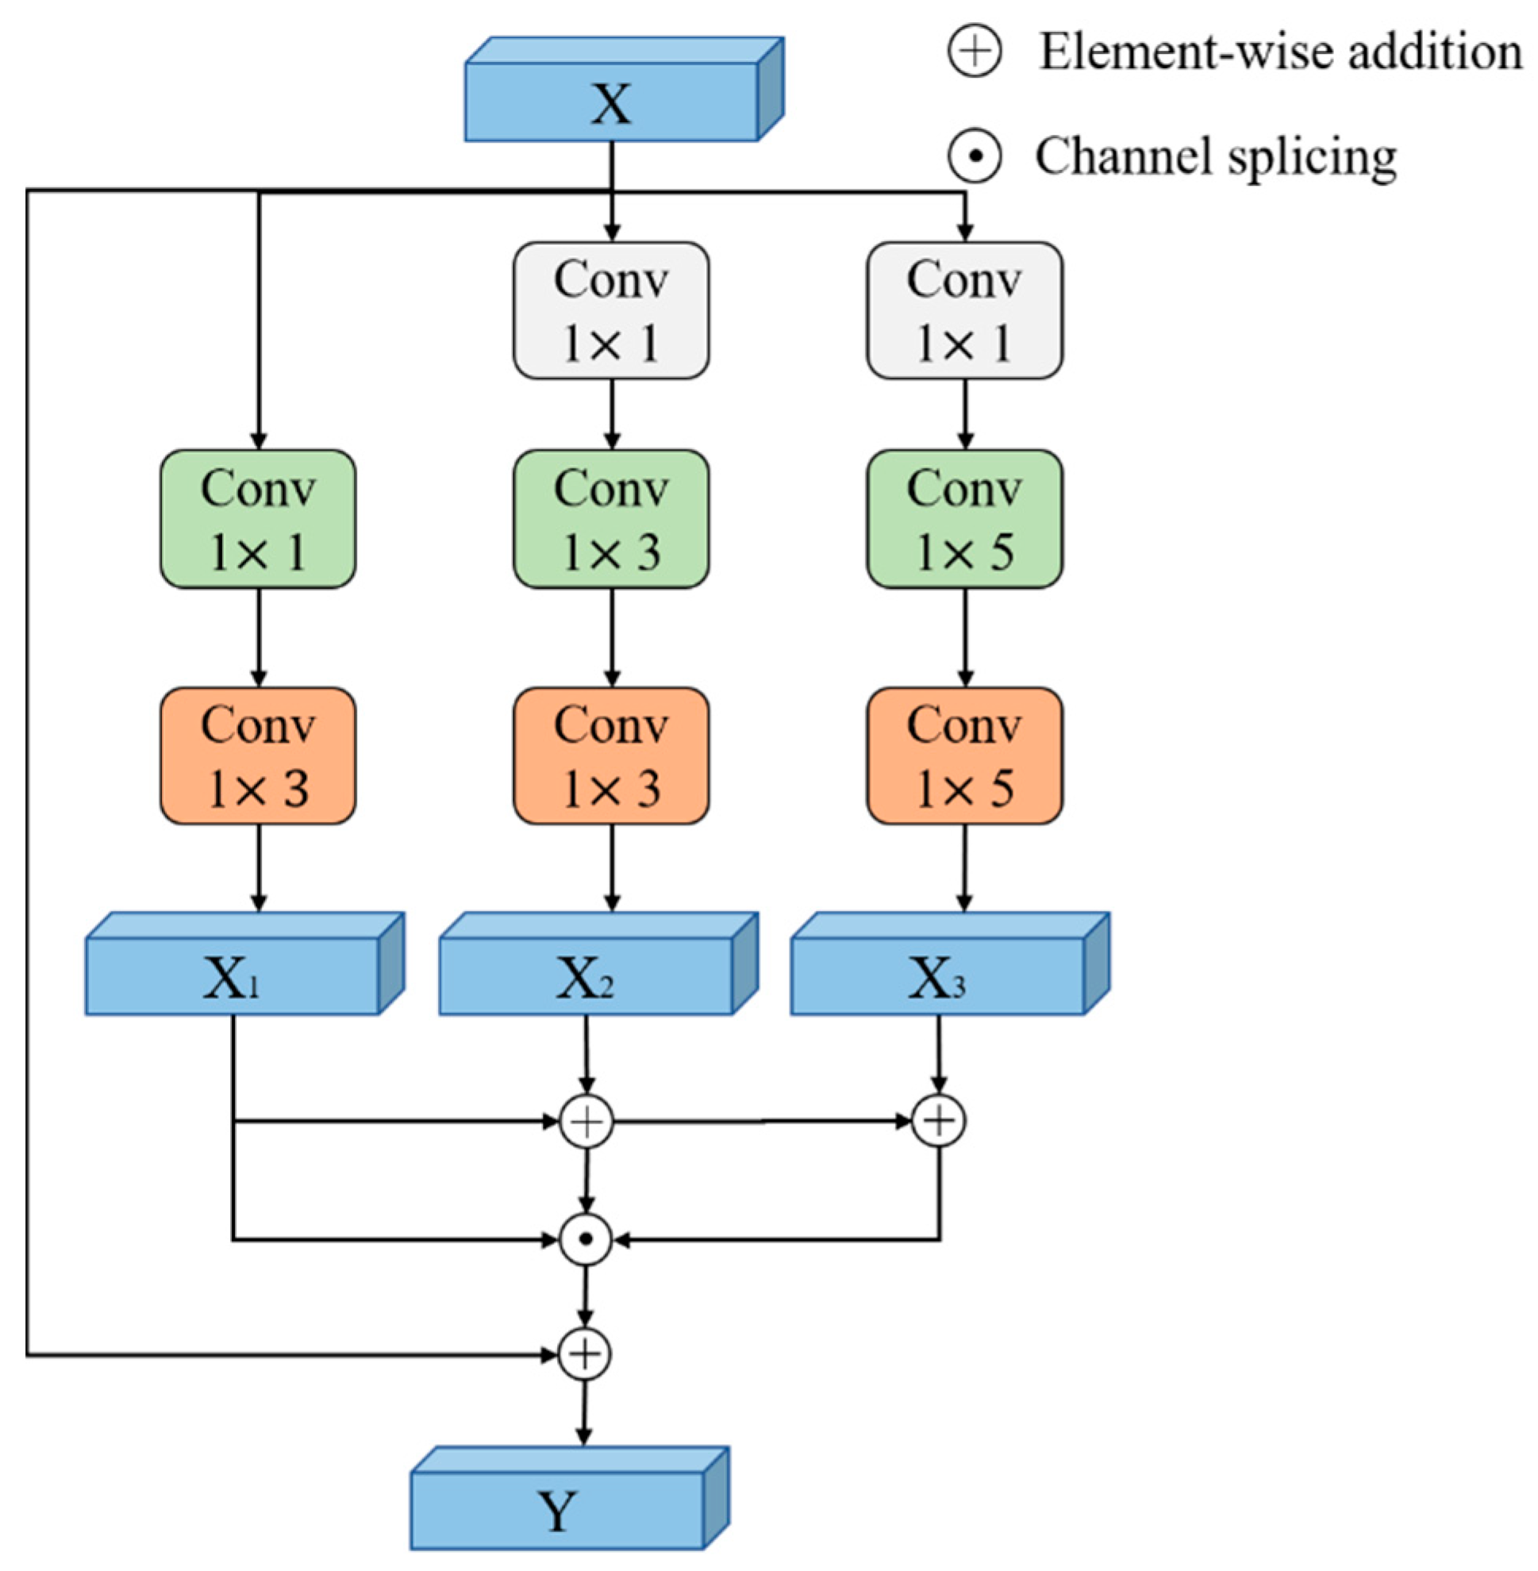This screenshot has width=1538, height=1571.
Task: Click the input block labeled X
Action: pyautogui.click(x=612, y=102)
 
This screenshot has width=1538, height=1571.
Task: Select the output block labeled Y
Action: pyautogui.click(x=557, y=1511)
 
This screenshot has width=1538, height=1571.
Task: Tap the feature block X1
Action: pyautogui.click(x=233, y=977)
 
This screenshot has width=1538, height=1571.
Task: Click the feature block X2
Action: pyautogui.click(x=586, y=977)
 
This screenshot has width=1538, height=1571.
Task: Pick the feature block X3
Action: pyautogui.click(x=937, y=977)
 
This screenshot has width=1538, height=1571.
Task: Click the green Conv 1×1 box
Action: pyautogui.click(x=258, y=520)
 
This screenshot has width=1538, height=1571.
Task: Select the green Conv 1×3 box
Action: pyautogui.click(x=612, y=520)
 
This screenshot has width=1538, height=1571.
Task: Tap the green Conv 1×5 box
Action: pyautogui.click(x=964, y=520)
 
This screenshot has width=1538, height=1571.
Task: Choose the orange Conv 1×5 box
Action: pyautogui.click(x=964, y=756)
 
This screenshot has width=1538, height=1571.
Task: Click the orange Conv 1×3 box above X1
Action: pyautogui.click(x=258, y=756)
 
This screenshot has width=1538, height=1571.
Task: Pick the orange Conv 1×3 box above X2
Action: pyautogui.click(x=612, y=756)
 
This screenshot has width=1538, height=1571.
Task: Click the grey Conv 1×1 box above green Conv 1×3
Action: pyautogui.click(x=612, y=310)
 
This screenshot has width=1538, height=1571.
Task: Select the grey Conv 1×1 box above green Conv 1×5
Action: pyautogui.click(x=964, y=310)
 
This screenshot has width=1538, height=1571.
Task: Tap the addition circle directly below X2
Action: pyautogui.click(x=586, y=1121)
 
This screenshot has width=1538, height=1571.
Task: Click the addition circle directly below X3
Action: pyautogui.click(x=939, y=1120)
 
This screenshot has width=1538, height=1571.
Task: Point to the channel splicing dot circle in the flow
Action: pyautogui.click(x=586, y=1239)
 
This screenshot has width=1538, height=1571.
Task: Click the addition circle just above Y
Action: pyautogui.click(x=585, y=1354)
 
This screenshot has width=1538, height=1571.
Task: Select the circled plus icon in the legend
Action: pyautogui.click(x=975, y=52)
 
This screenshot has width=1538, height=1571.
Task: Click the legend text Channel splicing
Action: pyautogui.click(x=1216, y=156)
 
